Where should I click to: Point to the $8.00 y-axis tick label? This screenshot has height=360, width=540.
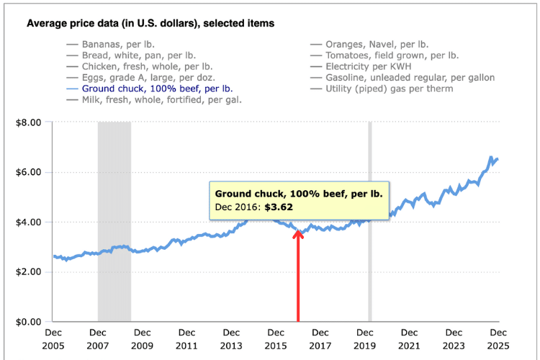(x=29, y=122)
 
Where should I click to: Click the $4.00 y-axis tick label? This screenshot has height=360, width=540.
(x=29, y=222)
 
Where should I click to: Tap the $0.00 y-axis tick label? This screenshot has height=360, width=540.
(x=29, y=322)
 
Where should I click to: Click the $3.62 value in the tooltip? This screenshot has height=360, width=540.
(x=277, y=207)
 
